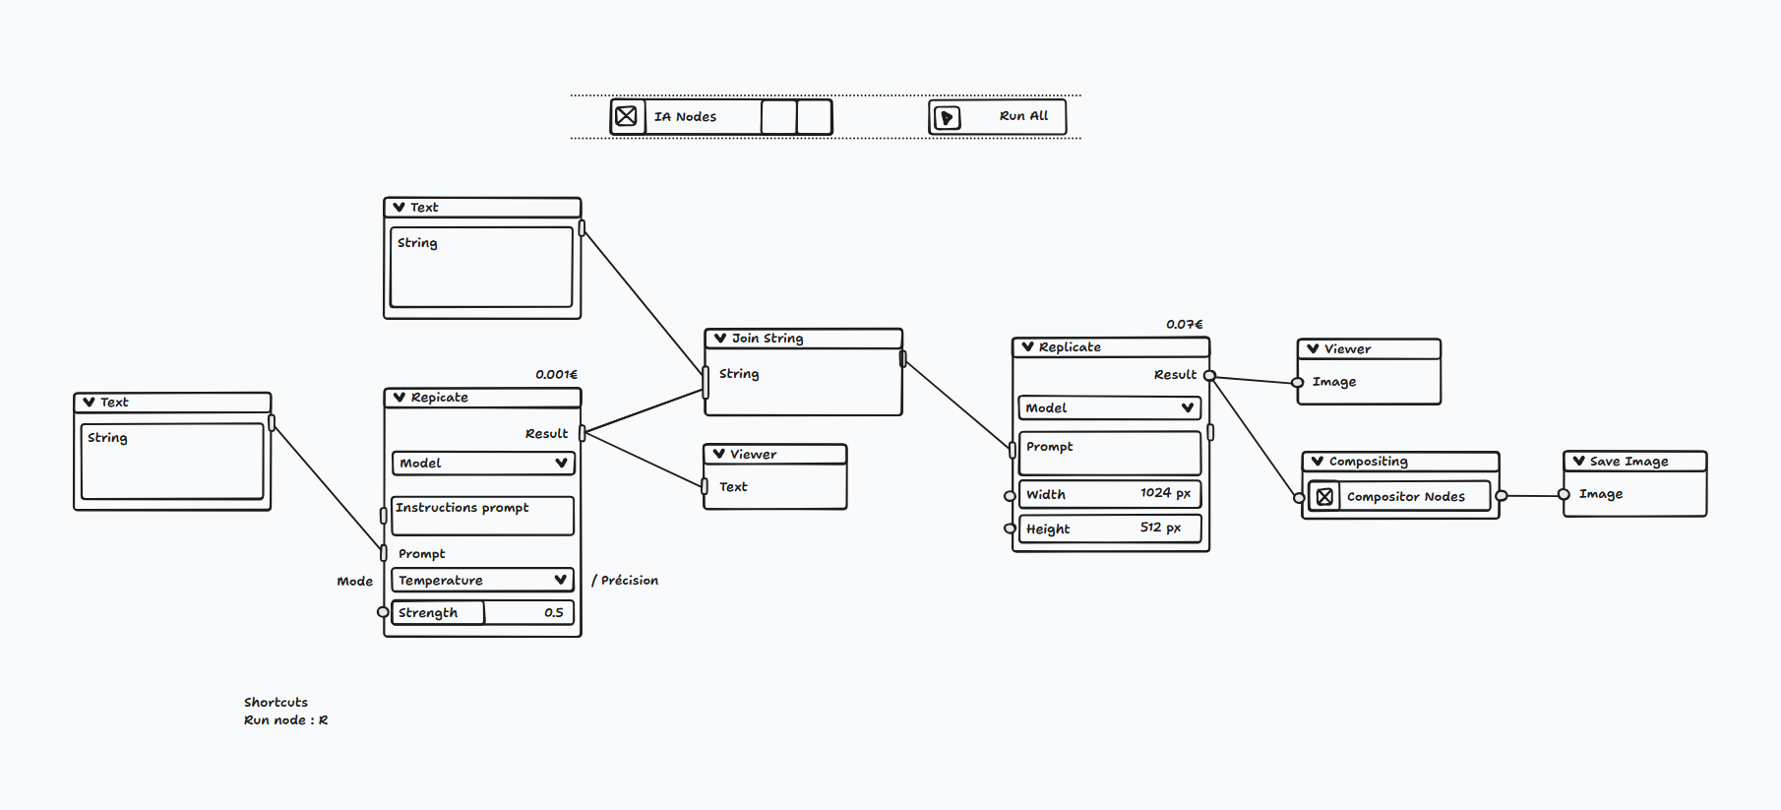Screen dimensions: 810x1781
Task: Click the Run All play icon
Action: tap(947, 118)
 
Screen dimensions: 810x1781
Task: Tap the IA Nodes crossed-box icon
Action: tap(627, 116)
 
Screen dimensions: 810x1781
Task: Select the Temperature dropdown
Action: tap(482, 581)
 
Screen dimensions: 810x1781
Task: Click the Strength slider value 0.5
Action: tap(553, 613)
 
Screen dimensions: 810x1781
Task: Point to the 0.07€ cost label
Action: tap(1185, 325)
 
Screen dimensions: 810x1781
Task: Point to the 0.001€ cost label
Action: tap(556, 375)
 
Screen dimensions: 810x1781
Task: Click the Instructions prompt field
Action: tap(482, 516)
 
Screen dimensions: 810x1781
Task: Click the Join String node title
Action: tap(768, 339)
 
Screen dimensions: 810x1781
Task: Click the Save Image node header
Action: tap(1629, 462)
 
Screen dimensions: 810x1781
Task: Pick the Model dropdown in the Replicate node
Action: tap(1109, 408)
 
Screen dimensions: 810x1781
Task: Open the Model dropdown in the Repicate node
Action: tap(482, 464)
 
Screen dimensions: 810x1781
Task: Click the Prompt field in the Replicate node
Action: tap(1109, 453)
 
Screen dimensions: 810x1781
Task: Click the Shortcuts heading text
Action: tap(276, 703)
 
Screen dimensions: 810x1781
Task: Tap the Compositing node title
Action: tap(1368, 462)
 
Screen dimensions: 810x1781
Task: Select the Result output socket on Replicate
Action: tap(1209, 376)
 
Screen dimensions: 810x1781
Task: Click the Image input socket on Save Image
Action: tap(1564, 495)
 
